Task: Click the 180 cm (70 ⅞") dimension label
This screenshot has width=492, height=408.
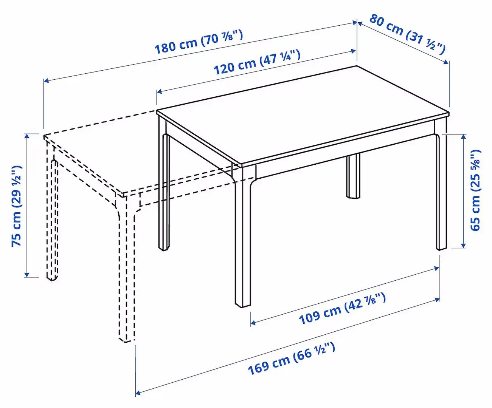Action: click(199, 42)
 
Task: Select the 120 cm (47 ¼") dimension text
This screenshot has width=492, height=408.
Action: click(257, 62)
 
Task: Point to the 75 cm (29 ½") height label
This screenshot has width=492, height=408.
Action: click(17, 206)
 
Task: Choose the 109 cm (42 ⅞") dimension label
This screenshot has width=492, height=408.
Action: click(342, 309)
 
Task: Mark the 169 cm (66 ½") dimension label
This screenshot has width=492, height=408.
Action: click(291, 358)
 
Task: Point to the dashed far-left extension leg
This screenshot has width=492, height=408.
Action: click(52, 219)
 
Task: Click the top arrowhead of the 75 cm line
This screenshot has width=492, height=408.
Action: click(26, 135)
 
